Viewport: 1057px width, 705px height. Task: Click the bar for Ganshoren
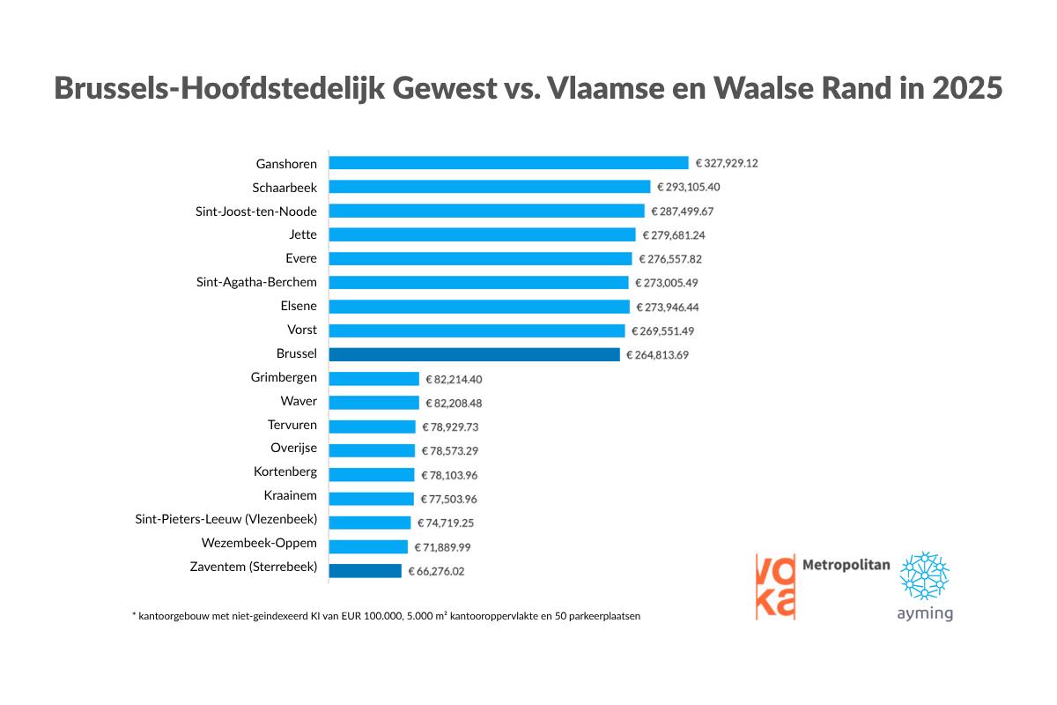click(x=508, y=163)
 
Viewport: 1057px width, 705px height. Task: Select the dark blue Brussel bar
click(x=474, y=354)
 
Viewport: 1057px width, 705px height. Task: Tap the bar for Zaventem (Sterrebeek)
click(x=365, y=570)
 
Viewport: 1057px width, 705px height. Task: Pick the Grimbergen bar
click(x=373, y=379)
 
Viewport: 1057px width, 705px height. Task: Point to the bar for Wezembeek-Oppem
click(x=368, y=546)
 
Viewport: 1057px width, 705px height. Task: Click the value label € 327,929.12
click(x=727, y=163)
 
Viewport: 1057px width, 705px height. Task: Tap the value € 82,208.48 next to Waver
click(x=454, y=403)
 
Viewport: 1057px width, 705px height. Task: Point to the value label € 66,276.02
click(x=436, y=571)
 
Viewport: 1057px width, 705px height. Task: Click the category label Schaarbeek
click(x=284, y=187)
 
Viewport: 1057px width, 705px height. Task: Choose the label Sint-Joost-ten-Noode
click(x=255, y=211)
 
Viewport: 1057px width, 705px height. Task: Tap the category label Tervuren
click(x=292, y=425)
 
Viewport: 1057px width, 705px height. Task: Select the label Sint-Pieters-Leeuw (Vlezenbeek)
click(x=225, y=519)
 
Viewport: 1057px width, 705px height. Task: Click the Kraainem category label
click(x=290, y=495)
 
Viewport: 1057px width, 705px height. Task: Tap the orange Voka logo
click(x=774, y=586)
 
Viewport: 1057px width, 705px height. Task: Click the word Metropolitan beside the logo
click(x=846, y=565)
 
